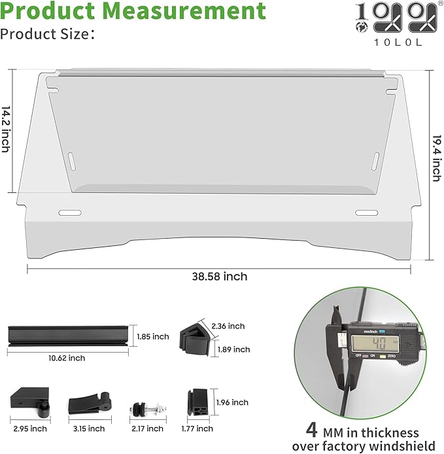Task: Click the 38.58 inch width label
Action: (220, 277)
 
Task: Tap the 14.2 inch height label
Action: (6, 129)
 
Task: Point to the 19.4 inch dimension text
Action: (437, 158)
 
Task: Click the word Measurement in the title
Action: (184, 10)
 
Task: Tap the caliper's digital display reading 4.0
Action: (375, 344)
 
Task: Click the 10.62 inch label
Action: (67, 358)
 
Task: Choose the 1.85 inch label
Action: (153, 336)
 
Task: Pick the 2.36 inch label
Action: (228, 326)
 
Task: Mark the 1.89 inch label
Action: (234, 349)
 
